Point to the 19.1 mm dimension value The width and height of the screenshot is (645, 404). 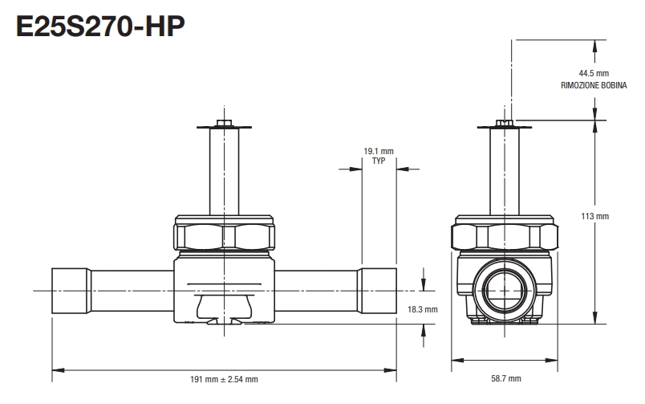(x=379, y=151)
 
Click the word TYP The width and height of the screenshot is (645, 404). (x=379, y=161)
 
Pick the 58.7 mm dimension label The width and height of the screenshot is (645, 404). (x=505, y=378)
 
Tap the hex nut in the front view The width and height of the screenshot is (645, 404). (x=224, y=237)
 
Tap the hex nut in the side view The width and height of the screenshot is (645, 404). (x=505, y=237)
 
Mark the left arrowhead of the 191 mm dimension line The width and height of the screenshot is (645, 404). (x=55, y=369)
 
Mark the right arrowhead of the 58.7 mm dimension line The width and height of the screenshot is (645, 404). (x=554, y=359)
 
